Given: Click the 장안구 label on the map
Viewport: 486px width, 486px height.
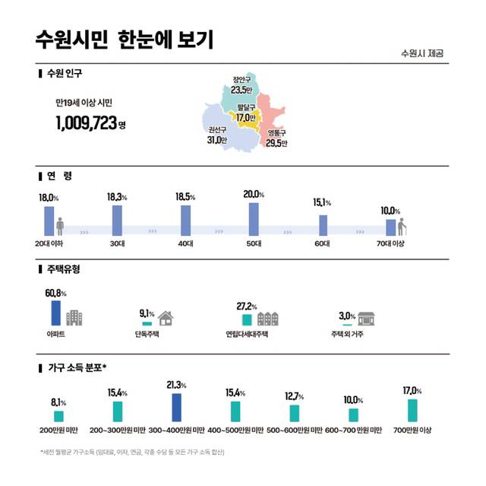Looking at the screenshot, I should pyautogui.click(x=241, y=81).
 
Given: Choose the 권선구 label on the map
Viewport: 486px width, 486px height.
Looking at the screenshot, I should pyautogui.click(x=217, y=135).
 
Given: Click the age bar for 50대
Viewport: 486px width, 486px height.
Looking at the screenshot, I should pyautogui.click(x=254, y=219).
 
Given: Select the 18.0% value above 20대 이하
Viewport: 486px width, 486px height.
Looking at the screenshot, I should pyautogui.click(x=49, y=198).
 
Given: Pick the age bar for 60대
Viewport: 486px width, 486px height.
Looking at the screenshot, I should pyautogui.click(x=323, y=225).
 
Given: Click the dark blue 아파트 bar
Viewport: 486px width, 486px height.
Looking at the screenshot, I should pyautogui.click(x=55, y=313).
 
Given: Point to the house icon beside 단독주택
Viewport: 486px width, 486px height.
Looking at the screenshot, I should pyautogui.click(x=166, y=319).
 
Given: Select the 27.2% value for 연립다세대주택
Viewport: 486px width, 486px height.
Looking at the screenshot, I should pyautogui.click(x=246, y=306).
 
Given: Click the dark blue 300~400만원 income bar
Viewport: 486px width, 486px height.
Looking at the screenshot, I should pyautogui.click(x=176, y=407).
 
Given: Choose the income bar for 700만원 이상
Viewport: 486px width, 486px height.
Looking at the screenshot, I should pyautogui.click(x=411, y=410).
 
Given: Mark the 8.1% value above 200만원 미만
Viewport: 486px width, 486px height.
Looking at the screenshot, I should pyautogui.click(x=59, y=402).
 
